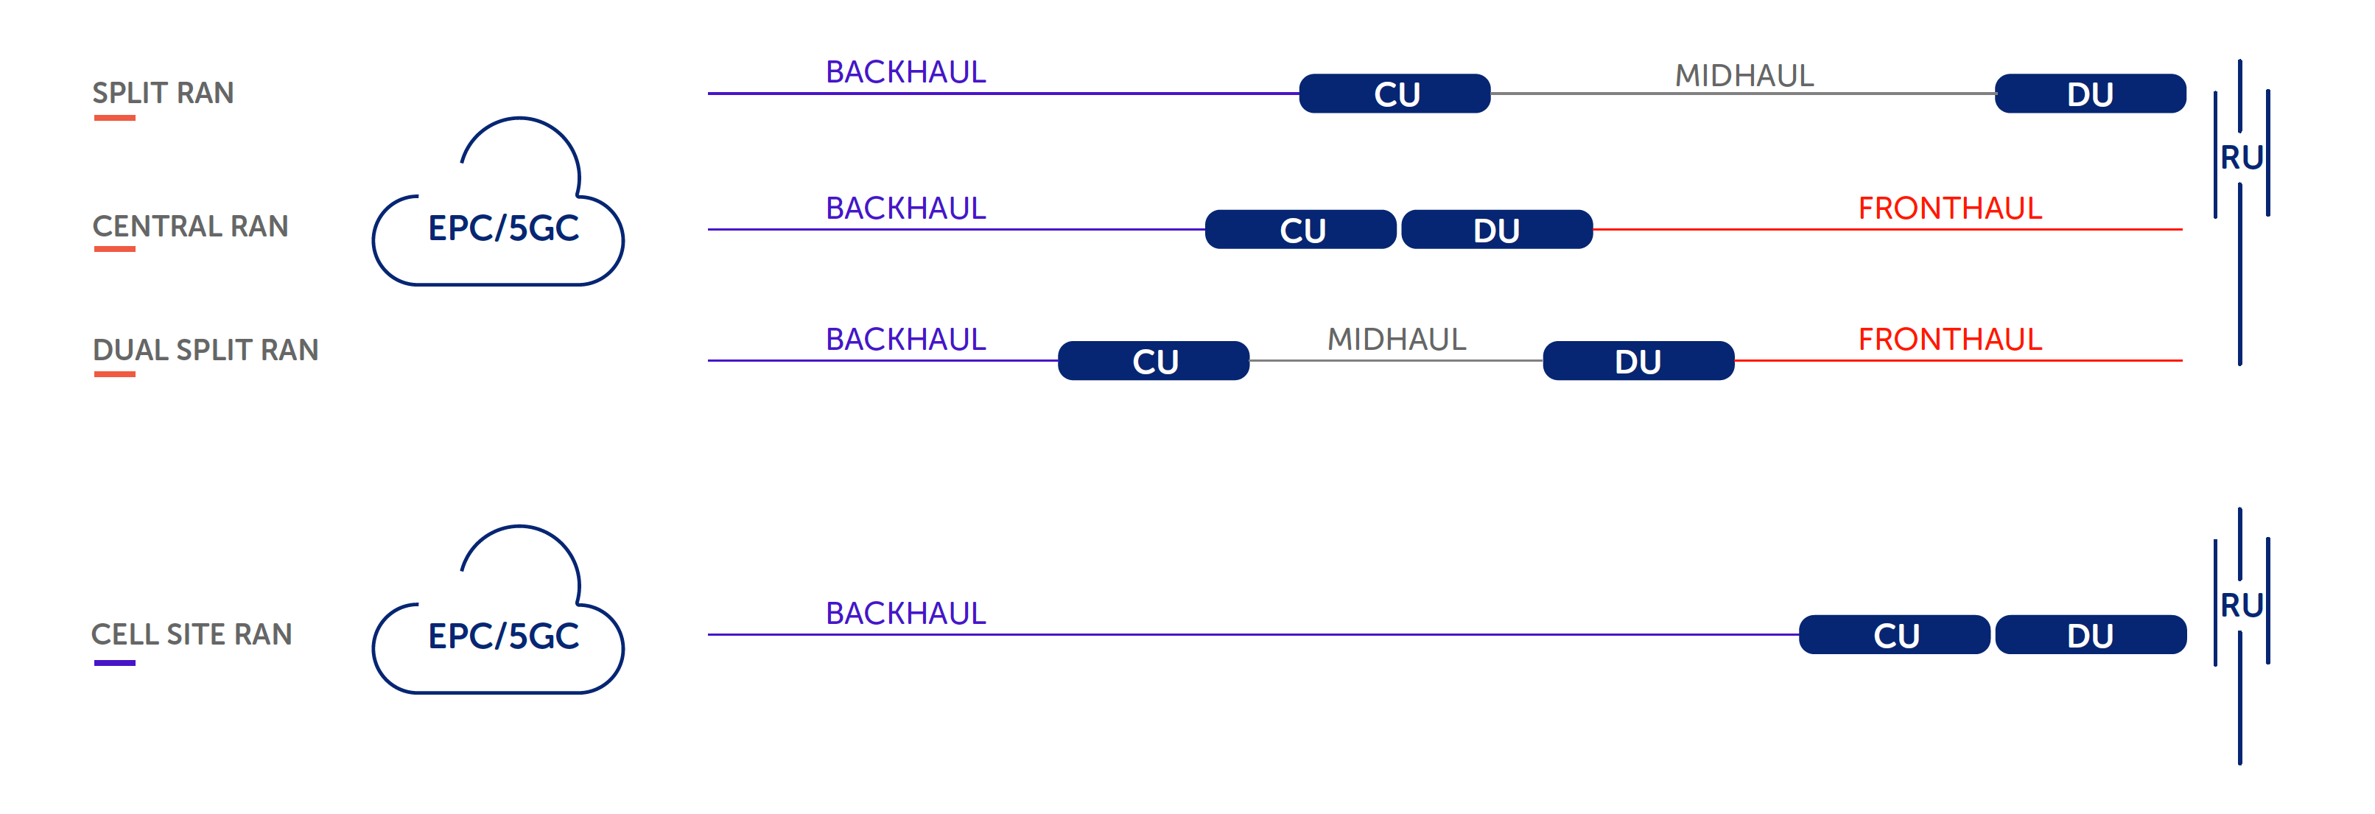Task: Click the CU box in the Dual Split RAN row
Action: (1154, 360)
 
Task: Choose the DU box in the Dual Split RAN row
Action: (1638, 360)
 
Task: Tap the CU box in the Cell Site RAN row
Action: (1894, 635)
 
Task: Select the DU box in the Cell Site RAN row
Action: (2089, 635)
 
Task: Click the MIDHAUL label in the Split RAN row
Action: (1744, 74)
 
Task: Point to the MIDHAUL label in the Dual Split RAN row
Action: (1396, 340)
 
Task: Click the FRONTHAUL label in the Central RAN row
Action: (1949, 208)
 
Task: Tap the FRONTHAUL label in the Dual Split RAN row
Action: (1949, 340)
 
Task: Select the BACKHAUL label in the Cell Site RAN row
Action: (905, 613)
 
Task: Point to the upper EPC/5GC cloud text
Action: (502, 228)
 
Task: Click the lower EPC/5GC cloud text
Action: (502, 636)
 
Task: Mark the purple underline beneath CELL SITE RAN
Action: (114, 663)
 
